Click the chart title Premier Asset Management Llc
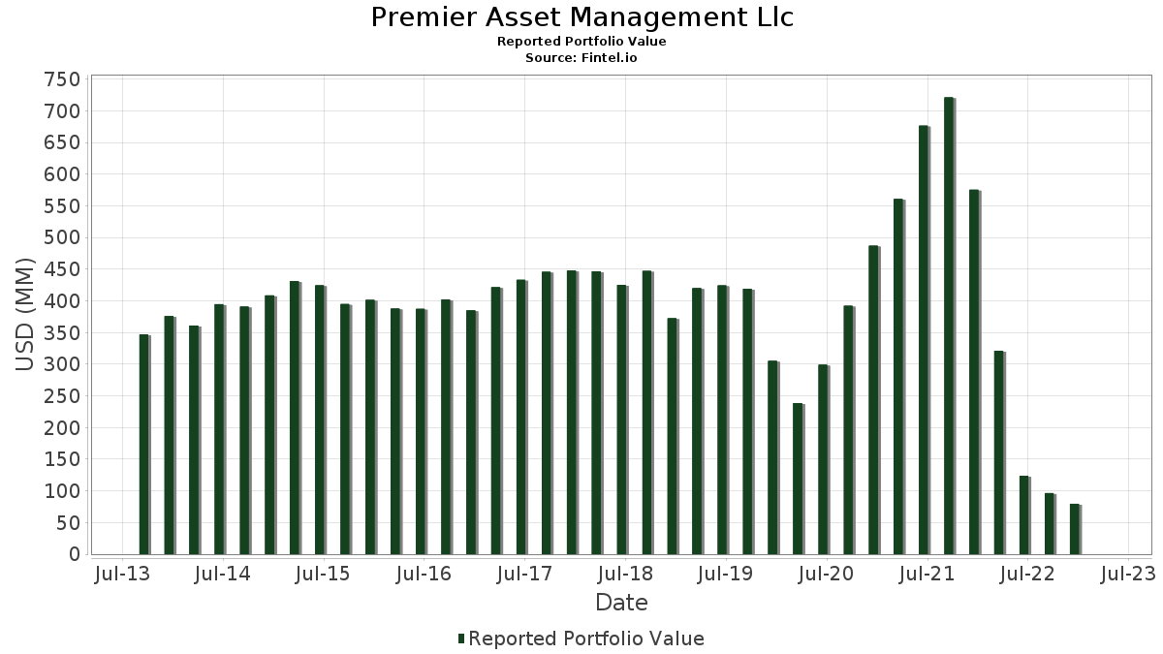click(581, 17)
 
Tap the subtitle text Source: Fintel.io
click(581, 57)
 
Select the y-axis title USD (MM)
click(25, 316)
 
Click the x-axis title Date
click(621, 603)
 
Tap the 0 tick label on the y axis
click(74, 555)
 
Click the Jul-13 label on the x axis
click(123, 575)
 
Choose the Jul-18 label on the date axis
click(625, 575)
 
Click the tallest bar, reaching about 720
click(949, 326)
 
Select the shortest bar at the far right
click(1075, 529)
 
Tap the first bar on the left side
click(144, 445)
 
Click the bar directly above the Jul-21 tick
click(924, 340)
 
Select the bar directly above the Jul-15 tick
click(320, 420)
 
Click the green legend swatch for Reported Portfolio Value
click(461, 638)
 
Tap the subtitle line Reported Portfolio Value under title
click(581, 42)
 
